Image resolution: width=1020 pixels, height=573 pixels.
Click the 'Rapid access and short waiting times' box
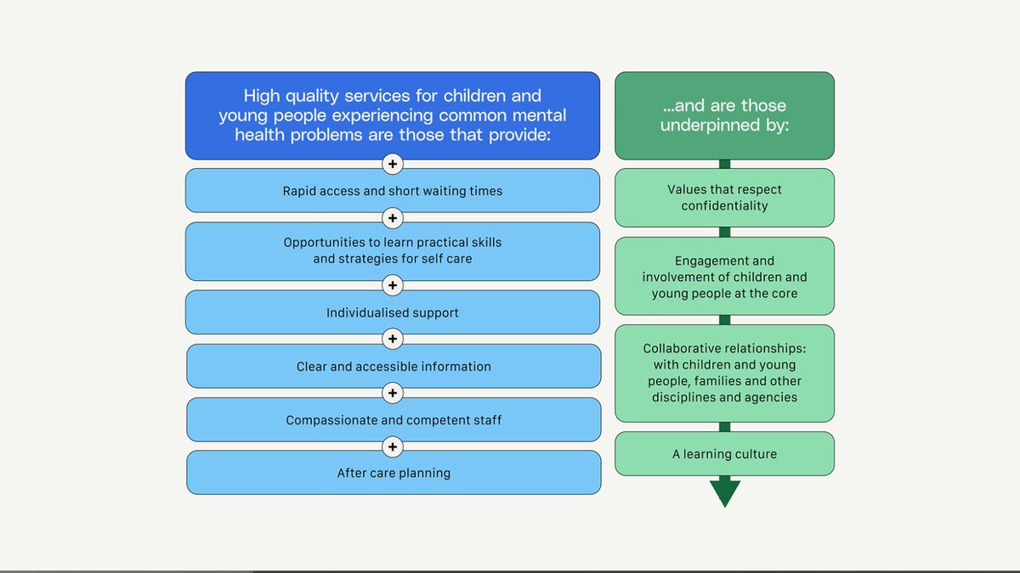393,191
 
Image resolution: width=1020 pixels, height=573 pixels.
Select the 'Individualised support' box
393,312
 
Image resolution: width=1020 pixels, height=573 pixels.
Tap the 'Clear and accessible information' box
394,367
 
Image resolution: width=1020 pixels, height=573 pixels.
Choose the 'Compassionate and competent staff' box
394,420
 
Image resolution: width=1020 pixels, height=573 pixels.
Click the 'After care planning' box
394,473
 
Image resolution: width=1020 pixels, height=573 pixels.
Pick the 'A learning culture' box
724,454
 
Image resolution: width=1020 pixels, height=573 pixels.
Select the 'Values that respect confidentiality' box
724,198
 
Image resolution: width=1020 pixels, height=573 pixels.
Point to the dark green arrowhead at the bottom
725,493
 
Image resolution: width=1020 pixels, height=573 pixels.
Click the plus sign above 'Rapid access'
393,164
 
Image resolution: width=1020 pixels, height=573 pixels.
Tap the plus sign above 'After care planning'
393,447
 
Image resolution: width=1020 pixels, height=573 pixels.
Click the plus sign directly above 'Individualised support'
393,285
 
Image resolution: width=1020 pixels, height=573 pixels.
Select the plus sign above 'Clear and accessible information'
393,340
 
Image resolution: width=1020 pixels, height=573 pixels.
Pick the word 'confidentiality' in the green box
724,206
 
